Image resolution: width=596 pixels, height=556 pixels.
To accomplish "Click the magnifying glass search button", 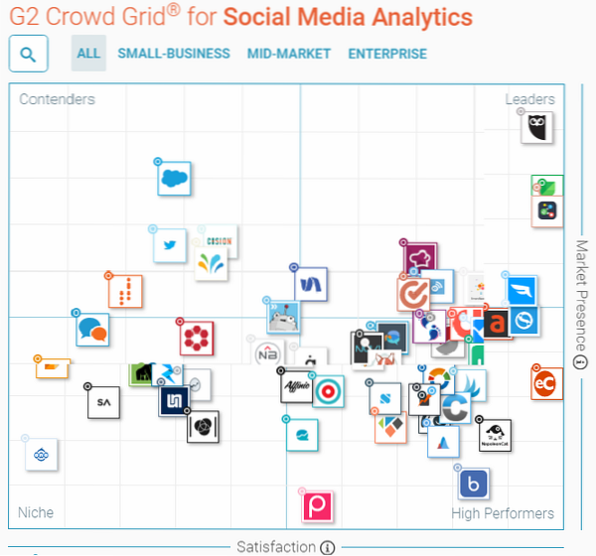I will tap(28, 54).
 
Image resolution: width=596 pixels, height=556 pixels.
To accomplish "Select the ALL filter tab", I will tap(88, 54).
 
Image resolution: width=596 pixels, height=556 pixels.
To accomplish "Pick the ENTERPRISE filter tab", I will tap(387, 54).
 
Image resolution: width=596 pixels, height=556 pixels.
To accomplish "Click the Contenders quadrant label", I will tap(57, 99).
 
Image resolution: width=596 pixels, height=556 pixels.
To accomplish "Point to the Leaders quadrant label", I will tap(530, 99).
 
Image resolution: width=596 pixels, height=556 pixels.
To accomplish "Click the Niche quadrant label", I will tap(36, 512).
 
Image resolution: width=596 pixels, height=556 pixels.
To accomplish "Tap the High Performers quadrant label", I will tap(503, 513).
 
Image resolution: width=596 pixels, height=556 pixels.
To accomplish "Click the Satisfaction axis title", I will tap(276, 547).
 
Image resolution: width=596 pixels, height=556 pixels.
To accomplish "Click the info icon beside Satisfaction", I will tap(327, 547).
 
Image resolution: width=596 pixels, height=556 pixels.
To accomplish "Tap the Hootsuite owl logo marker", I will tap(538, 128).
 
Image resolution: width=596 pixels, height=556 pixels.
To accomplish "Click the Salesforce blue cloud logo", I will tap(174, 179).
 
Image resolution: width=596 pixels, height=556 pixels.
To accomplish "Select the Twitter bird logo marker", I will tap(170, 244).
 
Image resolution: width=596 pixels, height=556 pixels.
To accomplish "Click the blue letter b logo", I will tap(475, 485).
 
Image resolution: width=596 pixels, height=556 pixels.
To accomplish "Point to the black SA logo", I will tap(103, 403).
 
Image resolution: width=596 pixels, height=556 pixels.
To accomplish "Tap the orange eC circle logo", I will tap(545, 383).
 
